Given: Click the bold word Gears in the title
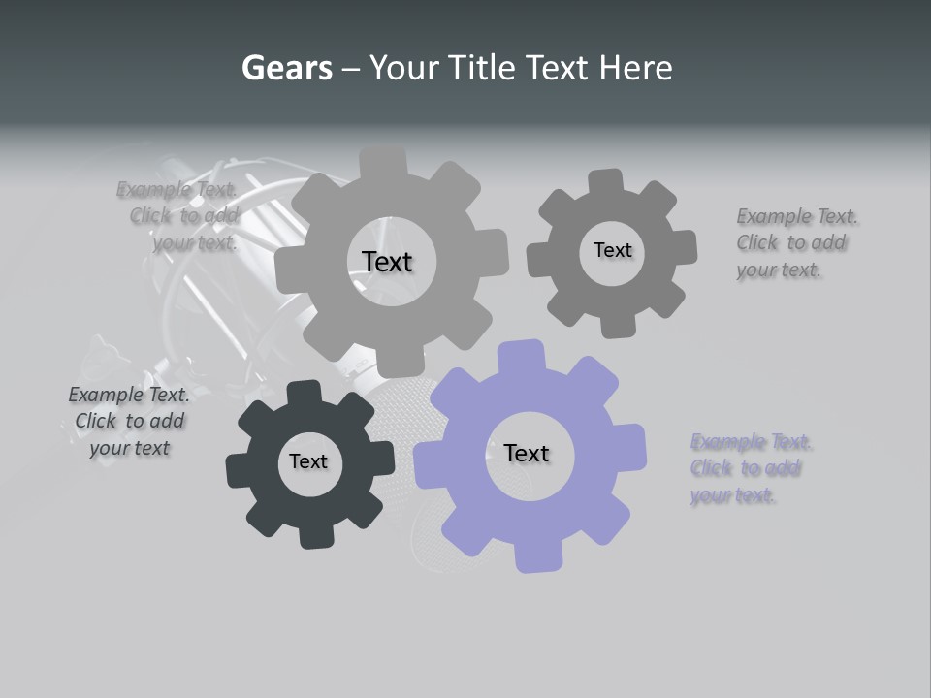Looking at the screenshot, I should click(x=286, y=68).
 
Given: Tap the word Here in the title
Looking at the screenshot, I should click(x=635, y=68).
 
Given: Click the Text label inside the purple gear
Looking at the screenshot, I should click(x=527, y=453).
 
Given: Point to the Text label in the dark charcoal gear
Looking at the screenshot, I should click(x=308, y=461).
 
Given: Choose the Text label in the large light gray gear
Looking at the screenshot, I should click(x=387, y=262).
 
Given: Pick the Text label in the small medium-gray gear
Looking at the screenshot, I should click(x=612, y=250).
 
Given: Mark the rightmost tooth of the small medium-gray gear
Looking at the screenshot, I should click(x=683, y=248).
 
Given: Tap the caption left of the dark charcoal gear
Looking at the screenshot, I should click(x=129, y=421).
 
